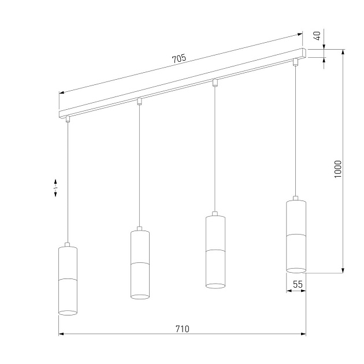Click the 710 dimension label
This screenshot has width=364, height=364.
point(182,329)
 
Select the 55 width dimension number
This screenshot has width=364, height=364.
point(298,284)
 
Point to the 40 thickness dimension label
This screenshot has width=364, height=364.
point(316,36)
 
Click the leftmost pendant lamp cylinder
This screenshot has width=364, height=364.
point(68,280)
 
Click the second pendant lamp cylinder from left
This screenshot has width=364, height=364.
point(140,263)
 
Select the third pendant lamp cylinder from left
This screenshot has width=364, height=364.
point(215,251)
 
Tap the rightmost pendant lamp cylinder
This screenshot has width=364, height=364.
point(296,235)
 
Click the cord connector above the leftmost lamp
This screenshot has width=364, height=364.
point(68,120)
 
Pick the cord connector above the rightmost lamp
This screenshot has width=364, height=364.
point(295,61)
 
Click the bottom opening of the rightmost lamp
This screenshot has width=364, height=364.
point(296,269)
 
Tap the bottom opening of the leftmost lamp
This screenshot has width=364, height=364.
point(68,313)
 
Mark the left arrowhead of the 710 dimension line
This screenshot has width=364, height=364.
point(61,334)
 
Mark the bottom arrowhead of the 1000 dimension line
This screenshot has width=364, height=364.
point(344,270)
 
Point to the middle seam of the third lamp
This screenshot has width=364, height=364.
point(215,250)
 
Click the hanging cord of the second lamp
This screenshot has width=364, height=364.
point(139,168)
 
